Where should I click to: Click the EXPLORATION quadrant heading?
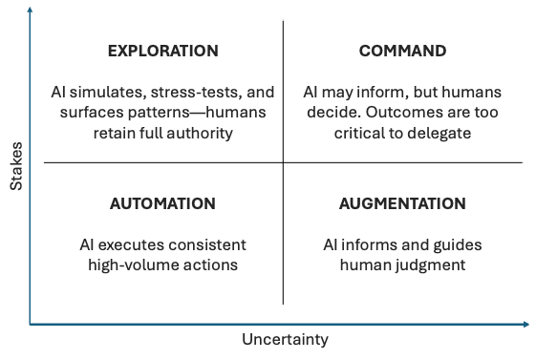pyautogui.click(x=162, y=51)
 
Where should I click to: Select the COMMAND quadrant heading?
pyautogui.click(x=402, y=51)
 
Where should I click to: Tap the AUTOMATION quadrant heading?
pyautogui.click(x=162, y=203)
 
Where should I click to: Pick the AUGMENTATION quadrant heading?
pyautogui.click(x=402, y=203)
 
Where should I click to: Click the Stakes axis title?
pyautogui.click(x=16, y=166)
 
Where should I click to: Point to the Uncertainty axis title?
pyautogui.click(x=285, y=340)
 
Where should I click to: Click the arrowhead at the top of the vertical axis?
pyautogui.click(x=30, y=9)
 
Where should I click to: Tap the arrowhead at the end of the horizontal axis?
pyautogui.click(x=527, y=325)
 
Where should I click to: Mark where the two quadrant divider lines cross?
pyautogui.click(x=283, y=163)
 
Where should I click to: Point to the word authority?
pyautogui.click(x=200, y=134)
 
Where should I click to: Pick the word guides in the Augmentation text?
pyautogui.click(x=459, y=244)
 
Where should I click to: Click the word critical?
pyautogui.click(x=358, y=134)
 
